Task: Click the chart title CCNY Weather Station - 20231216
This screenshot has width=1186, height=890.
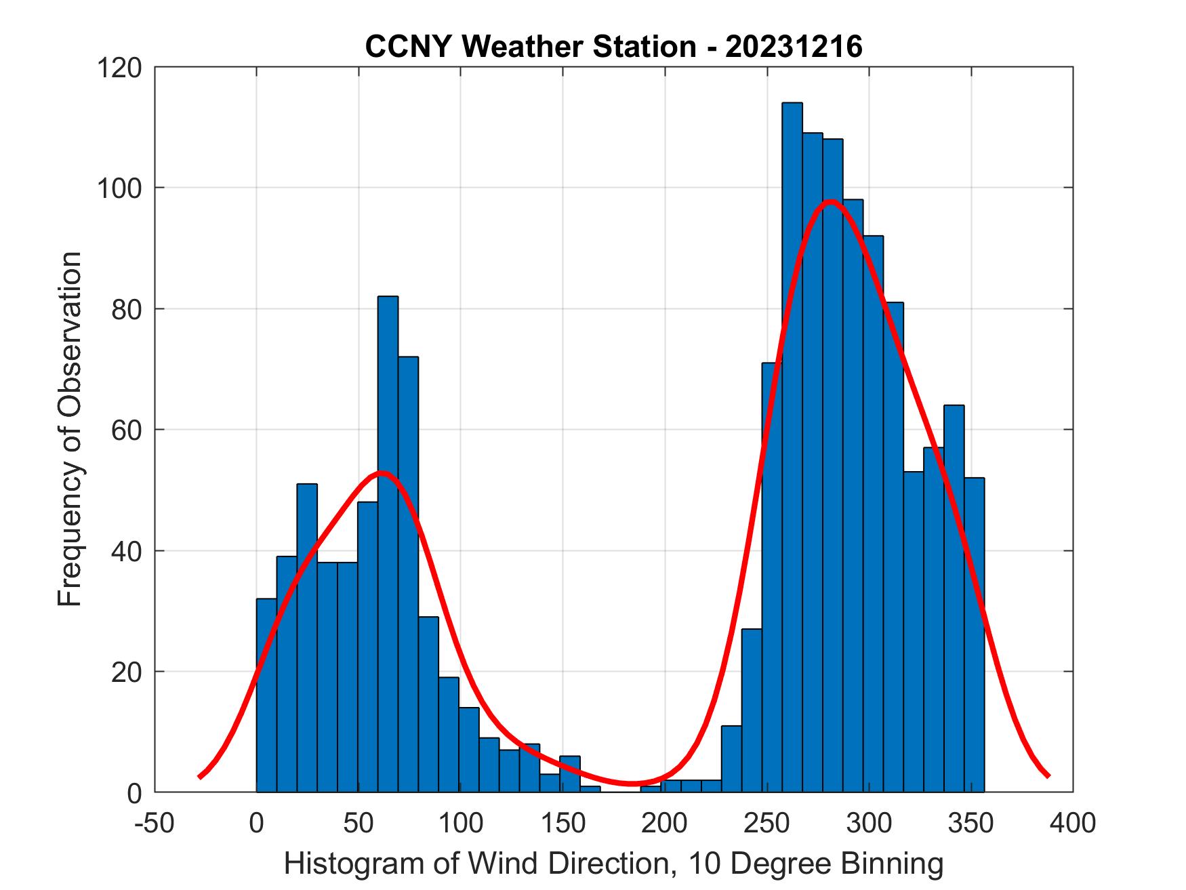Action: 613,47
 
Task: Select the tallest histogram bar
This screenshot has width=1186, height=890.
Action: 792,447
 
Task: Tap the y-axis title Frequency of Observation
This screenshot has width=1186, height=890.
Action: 70,429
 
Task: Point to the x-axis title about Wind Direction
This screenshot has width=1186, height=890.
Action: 613,864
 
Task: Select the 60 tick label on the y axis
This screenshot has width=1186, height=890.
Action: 127,430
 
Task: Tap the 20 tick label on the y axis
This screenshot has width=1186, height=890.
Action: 127,672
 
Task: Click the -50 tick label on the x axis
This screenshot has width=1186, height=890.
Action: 155,824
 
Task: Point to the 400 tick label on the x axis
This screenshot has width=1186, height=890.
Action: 1073,824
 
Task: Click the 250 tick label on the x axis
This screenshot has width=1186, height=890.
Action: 767,824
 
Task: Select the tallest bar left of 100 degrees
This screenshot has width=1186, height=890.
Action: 388,542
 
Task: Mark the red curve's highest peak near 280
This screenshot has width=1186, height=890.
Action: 831,201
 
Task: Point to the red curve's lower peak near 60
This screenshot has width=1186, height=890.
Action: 381,473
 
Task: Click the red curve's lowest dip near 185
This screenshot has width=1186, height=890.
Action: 632,784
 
